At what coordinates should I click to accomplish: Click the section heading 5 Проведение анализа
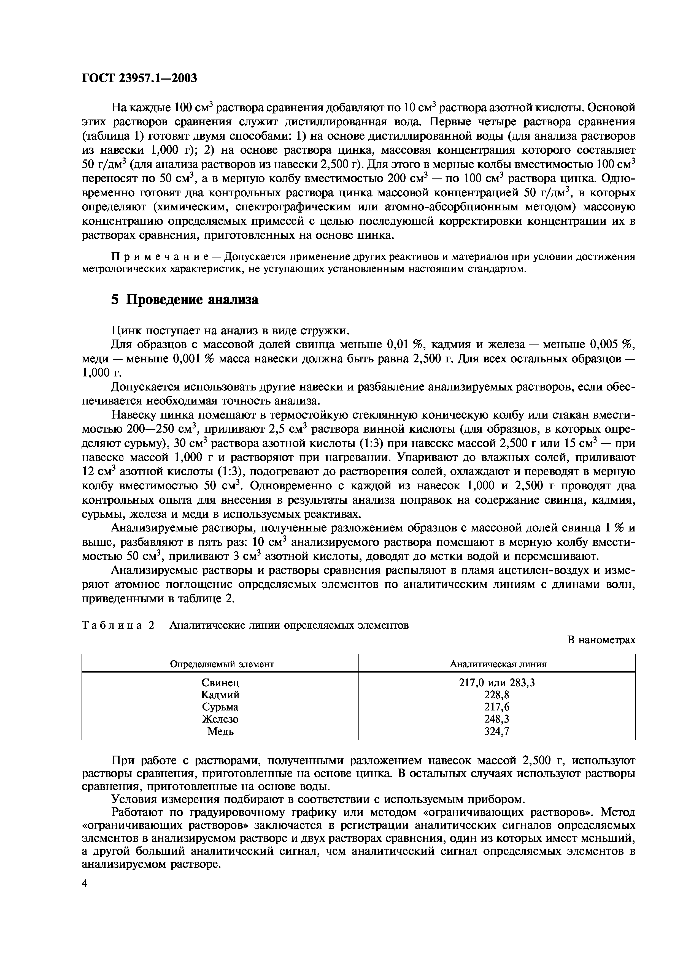(x=185, y=300)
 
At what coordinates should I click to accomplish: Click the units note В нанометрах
(x=601, y=640)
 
